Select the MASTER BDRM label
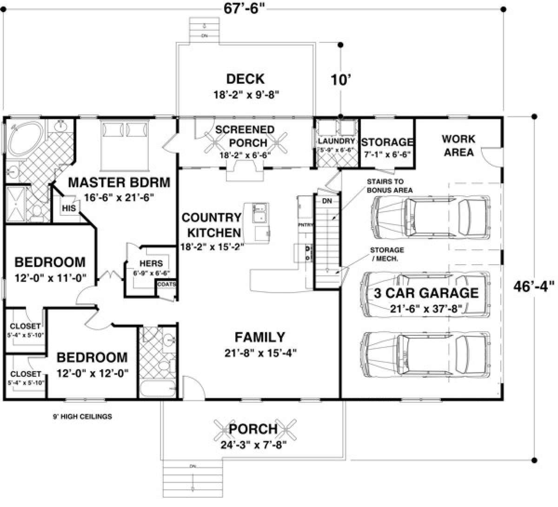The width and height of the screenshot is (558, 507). coord(119,181)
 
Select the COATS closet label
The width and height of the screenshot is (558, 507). coord(166,284)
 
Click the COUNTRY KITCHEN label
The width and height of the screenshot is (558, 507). coord(212,225)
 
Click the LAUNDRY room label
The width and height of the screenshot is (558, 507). coord(336,140)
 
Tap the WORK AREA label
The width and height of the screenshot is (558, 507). coord(458,145)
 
